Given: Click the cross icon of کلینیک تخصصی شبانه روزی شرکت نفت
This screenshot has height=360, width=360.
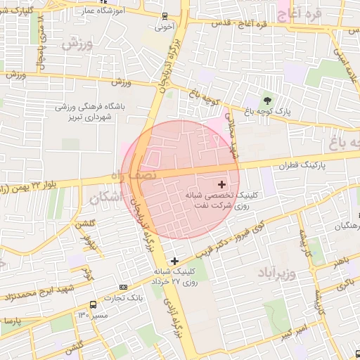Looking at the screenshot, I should (x=223, y=184).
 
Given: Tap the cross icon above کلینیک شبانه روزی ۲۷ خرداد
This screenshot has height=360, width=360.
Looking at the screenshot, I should (x=175, y=261).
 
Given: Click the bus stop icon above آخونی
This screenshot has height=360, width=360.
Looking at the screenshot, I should (x=164, y=16).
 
